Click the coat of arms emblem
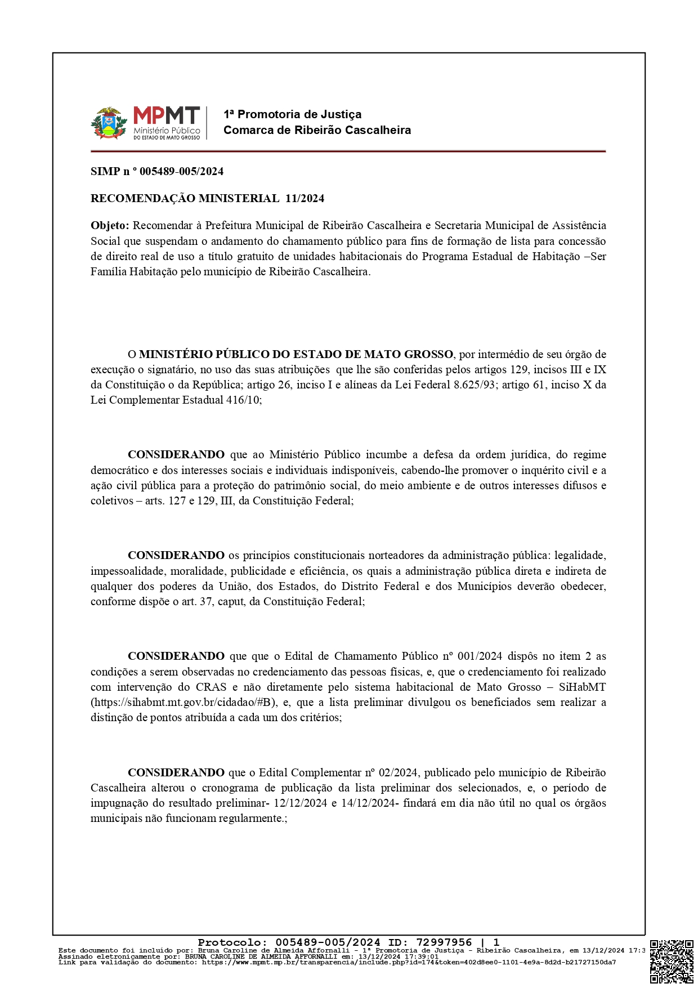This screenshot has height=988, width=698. [109, 123]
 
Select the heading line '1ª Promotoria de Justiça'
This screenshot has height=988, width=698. [292, 114]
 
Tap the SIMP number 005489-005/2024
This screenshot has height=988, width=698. [181, 171]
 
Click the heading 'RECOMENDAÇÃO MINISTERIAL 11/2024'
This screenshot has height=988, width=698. [207, 198]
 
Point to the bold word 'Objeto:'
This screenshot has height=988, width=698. [110, 226]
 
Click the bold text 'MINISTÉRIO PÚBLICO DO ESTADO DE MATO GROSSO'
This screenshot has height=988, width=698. [296, 354]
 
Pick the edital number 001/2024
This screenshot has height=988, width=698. [480, 656]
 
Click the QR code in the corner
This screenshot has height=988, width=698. [672, 962]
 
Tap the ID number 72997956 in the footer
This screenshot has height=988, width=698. [444, 942]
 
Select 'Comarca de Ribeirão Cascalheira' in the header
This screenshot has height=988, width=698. [317, 130]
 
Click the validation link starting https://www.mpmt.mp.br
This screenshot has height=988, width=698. [409, 962]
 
